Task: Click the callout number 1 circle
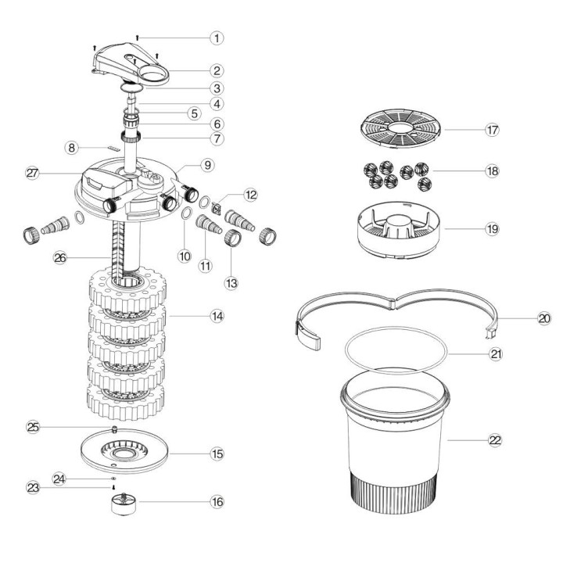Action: click(217, 37)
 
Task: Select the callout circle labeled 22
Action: click(493, 440)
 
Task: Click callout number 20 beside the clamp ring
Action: click(544, 318)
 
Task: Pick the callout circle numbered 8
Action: click(71, 146)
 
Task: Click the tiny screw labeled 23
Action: click(114, 487)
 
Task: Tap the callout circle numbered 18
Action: click(493, 170)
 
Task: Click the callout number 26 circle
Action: click(59, 256)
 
